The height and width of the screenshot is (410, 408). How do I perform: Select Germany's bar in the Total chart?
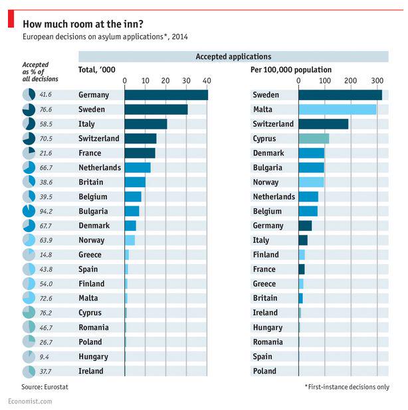(166, 95)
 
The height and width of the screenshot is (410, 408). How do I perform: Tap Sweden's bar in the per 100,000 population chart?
(340, 95)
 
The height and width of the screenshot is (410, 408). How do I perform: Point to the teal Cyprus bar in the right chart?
(314, 139)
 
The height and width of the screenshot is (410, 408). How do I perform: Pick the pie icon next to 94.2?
(29, 211)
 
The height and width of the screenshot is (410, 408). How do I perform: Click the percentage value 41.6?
(46, 95)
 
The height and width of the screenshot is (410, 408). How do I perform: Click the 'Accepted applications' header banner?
(233, 57)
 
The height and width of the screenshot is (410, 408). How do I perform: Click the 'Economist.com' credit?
(30, 401)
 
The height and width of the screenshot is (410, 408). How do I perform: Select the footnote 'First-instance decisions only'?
(346, 386)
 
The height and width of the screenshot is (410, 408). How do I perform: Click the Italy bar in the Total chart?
(146, 124)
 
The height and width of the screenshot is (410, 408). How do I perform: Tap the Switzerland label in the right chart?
(273, 124)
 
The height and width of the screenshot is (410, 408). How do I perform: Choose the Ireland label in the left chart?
(91, 371)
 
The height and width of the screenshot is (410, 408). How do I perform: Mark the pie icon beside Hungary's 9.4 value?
(29, 356)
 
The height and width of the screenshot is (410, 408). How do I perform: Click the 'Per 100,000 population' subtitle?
(291, 70)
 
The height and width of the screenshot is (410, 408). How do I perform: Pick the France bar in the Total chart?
(140, 153)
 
